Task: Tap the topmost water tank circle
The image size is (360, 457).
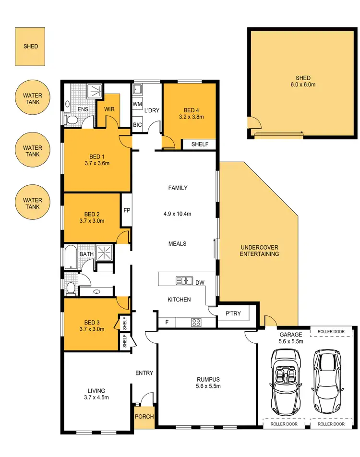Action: pos(33,99)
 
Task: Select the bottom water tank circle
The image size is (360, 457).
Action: pos(33,203)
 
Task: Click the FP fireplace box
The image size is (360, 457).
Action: pos(127,210)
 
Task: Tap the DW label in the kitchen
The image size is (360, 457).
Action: pos(200,282)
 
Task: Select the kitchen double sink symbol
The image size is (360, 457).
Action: pos(184,280)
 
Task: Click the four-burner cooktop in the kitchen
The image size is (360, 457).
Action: pos(196,322)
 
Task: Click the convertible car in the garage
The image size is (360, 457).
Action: pos(287,381)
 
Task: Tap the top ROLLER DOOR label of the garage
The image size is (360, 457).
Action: pos(331,332)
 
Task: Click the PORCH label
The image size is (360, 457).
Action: pos(144,416)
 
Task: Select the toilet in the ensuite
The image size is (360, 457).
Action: pos(72,120)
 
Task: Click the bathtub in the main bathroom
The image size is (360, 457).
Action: pos(70,257)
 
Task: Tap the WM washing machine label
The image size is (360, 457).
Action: pos(137,104)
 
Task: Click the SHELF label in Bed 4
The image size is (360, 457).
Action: pos(200,144)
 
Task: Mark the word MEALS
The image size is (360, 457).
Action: pos(177,244)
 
